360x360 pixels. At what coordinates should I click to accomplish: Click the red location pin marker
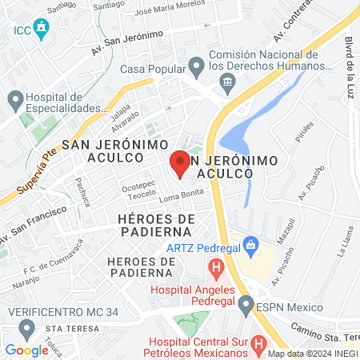pyautogui.click(x=180, y=164)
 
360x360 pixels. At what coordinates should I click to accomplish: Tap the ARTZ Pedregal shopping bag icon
pyautogui.click(x=250, y=243)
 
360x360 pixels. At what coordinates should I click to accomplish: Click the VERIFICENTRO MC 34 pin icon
pyautogui.click(x=28, y=328)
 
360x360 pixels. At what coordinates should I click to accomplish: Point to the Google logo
pyautogui.click(x=26, y=350)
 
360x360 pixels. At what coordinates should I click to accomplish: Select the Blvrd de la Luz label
pyautogui.click(x=350, y=63)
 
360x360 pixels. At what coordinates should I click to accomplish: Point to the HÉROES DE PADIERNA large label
pyautogui.click(x=156, y=226)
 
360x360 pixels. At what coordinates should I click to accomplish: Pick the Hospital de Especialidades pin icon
pyautogui.click(x=15, y=102)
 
